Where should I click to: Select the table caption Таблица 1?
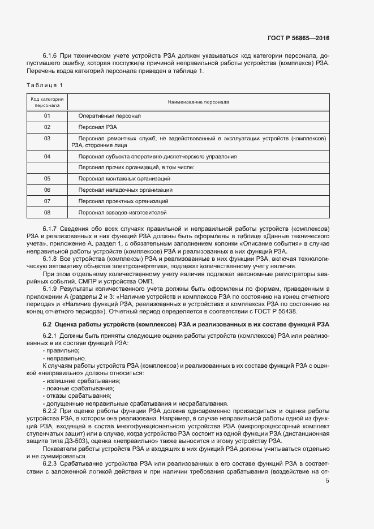[x=45, y=85]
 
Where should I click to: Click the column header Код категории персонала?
[x=47, y=102]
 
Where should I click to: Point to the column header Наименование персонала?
[x=198, y=102]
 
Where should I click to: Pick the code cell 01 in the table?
[x=47, y=115]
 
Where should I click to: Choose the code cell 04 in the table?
[x=47, y=156]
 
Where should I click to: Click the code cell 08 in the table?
[x=47, y=212]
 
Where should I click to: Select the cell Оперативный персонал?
[x=110, y=115]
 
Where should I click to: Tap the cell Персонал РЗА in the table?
[x=98, y=127]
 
